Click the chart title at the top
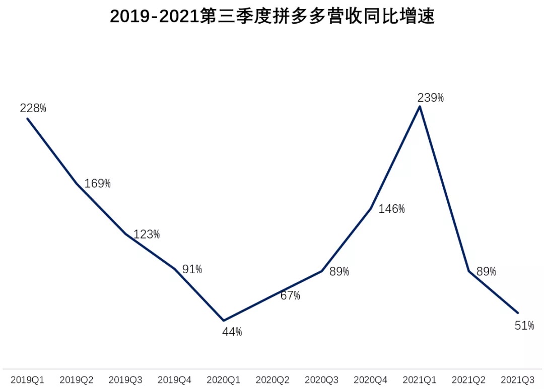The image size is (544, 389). point(272,17)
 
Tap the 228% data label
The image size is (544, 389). point(33,108)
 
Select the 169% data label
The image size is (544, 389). point(97,183)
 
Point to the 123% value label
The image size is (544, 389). point(147,234)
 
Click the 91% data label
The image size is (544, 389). point(192,269)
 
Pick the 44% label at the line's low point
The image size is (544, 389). point(232,332)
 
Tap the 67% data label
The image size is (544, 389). point(290,295)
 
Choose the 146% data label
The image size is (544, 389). point(391,209)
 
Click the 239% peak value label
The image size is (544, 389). point(431,98)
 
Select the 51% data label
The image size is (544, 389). point(524,326)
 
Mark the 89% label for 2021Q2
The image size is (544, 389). point(486,272)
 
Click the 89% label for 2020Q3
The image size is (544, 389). point(339,272)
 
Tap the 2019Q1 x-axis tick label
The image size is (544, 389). point(27,379)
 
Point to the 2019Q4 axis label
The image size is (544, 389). point(175,379)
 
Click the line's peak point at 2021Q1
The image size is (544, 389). point(420,107)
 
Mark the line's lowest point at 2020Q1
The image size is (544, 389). point(224,320)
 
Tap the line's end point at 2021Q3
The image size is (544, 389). point(518,313)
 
